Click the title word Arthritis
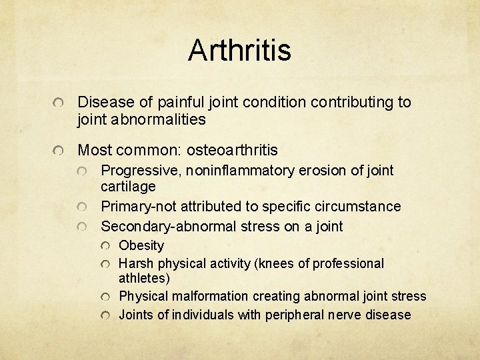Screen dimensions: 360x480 tap(239, 51)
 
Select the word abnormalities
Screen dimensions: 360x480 tap(159, 120)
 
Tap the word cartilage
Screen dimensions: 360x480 tap(127, 187)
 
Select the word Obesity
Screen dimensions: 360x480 tap(141, 245)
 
